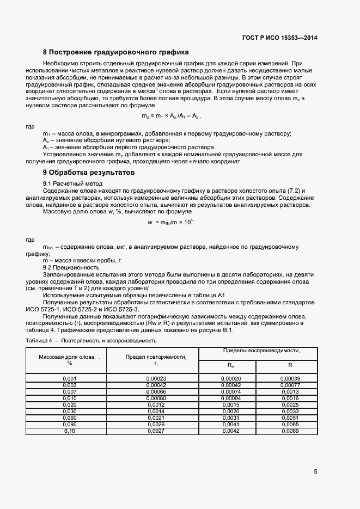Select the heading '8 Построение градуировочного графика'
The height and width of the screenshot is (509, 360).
click(x=115, y=52)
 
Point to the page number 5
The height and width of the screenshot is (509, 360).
click(x=316, y=471)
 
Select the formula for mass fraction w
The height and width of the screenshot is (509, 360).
click(x=170, y=222)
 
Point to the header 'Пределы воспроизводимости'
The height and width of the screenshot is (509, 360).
click(x=261, y=351)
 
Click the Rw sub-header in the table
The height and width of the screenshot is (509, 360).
click(x=231, y=366)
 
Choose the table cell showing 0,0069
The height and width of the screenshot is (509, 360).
click(x=290, y=431)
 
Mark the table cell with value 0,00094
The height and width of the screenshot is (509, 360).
click(x=231, y=398)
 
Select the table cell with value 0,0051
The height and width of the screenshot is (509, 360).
click(x=290, y=418)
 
